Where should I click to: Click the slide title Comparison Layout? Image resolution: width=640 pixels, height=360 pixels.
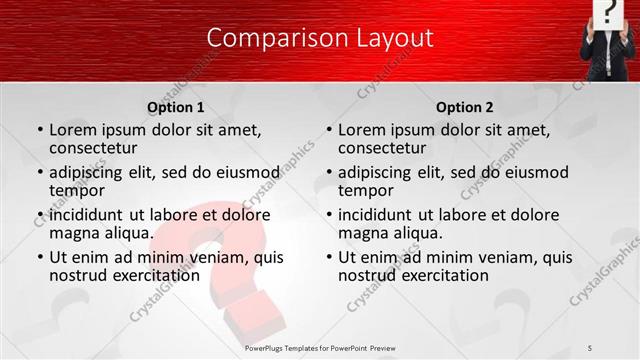pyautogui.click(x=320, y=38)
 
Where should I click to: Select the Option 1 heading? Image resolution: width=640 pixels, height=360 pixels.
pyautogui.click(x=176, y=107)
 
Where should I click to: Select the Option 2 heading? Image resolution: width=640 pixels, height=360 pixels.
pyautogui.click(x=465, y=107)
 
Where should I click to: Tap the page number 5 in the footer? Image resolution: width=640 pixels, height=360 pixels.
pyautogui.click(x=590, y=348)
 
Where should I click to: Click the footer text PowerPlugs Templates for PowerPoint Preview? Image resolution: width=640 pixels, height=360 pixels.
pyautogui.click(x=320, y=348)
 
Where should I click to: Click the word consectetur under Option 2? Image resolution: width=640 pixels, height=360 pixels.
pyautogui.click(x=381, y=148)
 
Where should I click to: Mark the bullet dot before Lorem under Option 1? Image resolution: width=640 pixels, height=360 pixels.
pyautogui.click(x=40, y=131)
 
